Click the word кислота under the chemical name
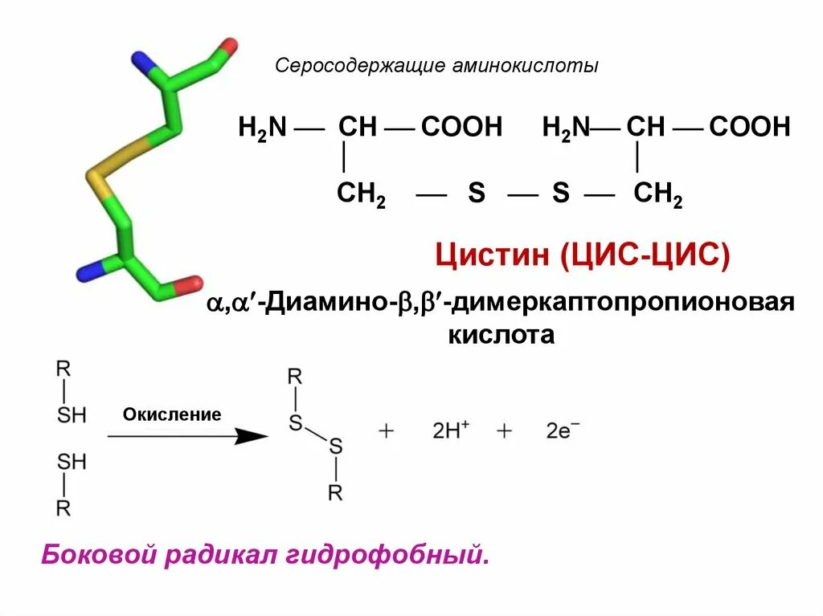[501, 334]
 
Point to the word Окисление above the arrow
[172, 414]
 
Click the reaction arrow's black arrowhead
[253, 436]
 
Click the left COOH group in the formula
[461, 127]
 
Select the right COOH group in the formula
[750, 127]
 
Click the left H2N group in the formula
[262, 129]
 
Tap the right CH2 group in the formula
[657, 194]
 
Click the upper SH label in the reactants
[71, 415]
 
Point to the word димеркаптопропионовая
[623, 304]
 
